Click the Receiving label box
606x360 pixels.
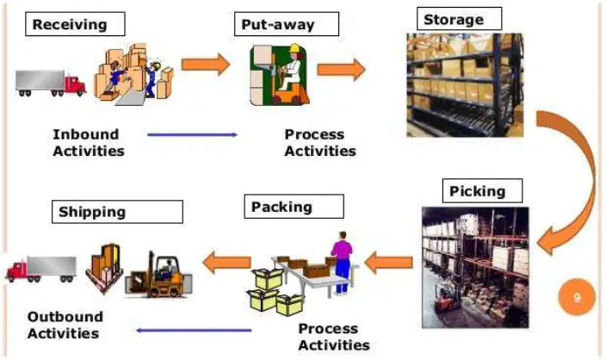(75, 24)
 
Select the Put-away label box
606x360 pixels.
(287, 24)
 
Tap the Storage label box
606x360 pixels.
(459, 19)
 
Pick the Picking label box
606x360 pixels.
(482, 190)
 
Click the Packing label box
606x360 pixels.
(294, 207)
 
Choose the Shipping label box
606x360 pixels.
(117, 212)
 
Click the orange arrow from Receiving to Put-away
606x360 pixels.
(206, 65)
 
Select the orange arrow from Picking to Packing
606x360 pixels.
(388, 263)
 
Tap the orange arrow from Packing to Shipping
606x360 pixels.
(227, 262)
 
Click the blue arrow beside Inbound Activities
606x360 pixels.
(192, 135)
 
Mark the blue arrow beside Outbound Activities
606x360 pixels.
(194, 330)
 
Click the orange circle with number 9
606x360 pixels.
(577, 297)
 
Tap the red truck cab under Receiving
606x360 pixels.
(75, 85)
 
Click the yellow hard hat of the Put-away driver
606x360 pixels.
(295, 48)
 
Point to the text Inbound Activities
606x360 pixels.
(89, 143)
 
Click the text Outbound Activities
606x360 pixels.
(65, 325)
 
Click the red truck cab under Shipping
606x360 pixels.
(17, 270)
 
